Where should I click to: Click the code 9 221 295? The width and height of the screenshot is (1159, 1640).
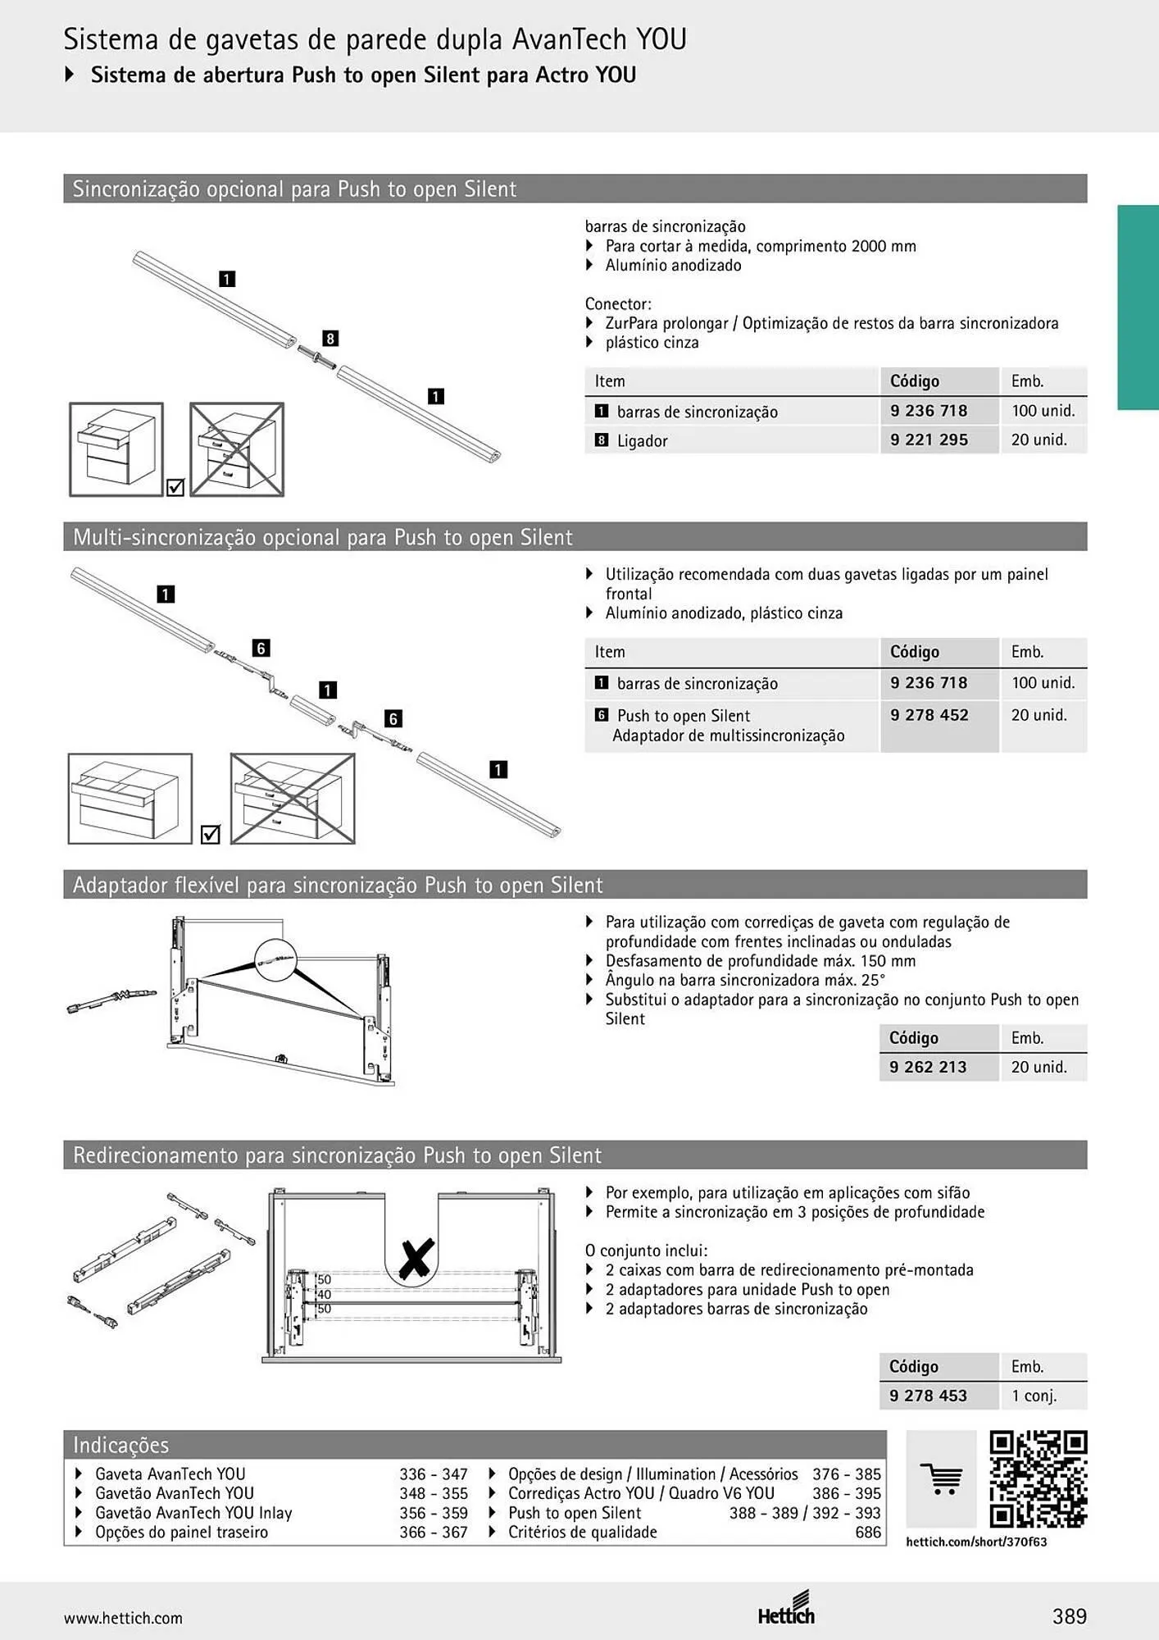coord(929,440)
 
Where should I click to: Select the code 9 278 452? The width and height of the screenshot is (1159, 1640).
coord(929,715)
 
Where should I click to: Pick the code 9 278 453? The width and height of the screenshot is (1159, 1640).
coord(928,1396)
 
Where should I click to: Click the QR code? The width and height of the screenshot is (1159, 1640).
coord(1039,1480)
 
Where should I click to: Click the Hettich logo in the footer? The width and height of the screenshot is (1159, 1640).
coord(786,1610)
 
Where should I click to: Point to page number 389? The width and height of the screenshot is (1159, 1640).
coord(1070,1616)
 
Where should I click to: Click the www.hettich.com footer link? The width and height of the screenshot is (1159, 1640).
coord(123,1618)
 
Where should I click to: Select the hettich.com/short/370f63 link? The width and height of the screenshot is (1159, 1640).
coord(976,1542)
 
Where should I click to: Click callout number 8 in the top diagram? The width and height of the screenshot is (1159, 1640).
coord(330,339)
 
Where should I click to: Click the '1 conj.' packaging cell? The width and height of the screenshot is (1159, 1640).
coord(1034,1396)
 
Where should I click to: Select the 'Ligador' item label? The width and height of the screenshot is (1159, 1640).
coord(643,441)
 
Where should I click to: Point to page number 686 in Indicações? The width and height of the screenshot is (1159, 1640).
coord(868,1532)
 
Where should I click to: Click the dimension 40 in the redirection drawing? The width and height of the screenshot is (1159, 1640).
coord(324,1294)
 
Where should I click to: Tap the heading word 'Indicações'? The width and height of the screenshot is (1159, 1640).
coord(121,1445)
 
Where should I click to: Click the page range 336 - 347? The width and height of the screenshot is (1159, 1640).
coord(434,1474)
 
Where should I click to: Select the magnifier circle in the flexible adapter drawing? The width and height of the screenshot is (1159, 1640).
coord(276,959)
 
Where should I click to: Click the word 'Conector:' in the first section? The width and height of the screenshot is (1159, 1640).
coord(618,303)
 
